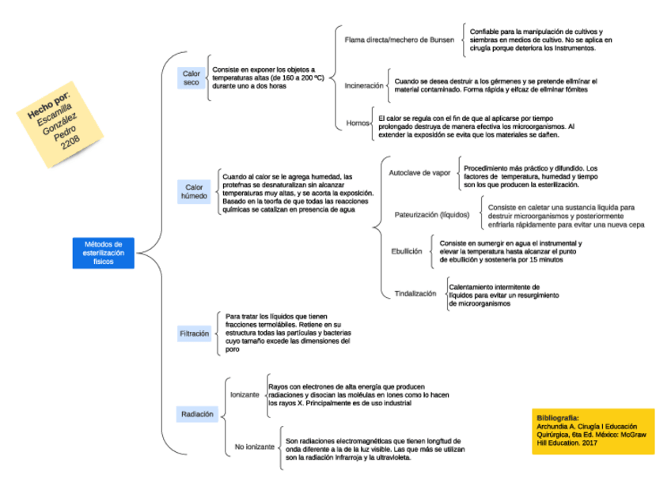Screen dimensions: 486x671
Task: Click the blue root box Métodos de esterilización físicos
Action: click(104, 252)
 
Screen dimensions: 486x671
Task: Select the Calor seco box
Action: click(191, 78)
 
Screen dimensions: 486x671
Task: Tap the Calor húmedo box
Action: click(193, 190)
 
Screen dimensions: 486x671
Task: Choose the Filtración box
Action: click(195, 334)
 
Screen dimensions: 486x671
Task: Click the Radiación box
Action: click(196, 414)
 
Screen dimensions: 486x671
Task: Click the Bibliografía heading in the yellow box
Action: click(557, 417)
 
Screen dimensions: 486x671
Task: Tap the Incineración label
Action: click(364, 85)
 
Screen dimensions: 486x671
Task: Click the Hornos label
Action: click(357, 123)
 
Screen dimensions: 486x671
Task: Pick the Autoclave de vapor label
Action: click(419, 172)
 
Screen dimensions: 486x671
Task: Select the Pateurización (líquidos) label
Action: click(432, 215)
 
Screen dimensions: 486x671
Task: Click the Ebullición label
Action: click(406, 251)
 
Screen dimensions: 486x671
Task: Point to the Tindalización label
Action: click(415, 293)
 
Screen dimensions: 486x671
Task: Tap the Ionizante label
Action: click(244, 393)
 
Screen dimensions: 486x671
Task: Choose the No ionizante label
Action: click(255, 447)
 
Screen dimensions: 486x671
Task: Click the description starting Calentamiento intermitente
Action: click(495, 295)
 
